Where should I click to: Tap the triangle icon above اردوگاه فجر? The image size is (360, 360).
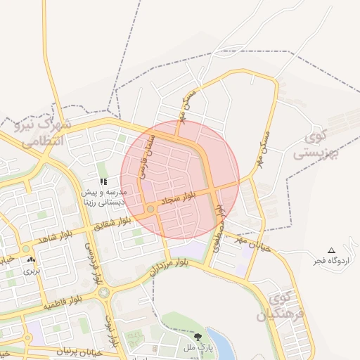pyautogui.click(x=332, y=251)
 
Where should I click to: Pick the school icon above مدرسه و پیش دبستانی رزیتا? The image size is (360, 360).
pyautogui.click(x=103, y=181)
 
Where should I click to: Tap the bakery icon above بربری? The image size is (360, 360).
pyautogui.click(x=31, y=260)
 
